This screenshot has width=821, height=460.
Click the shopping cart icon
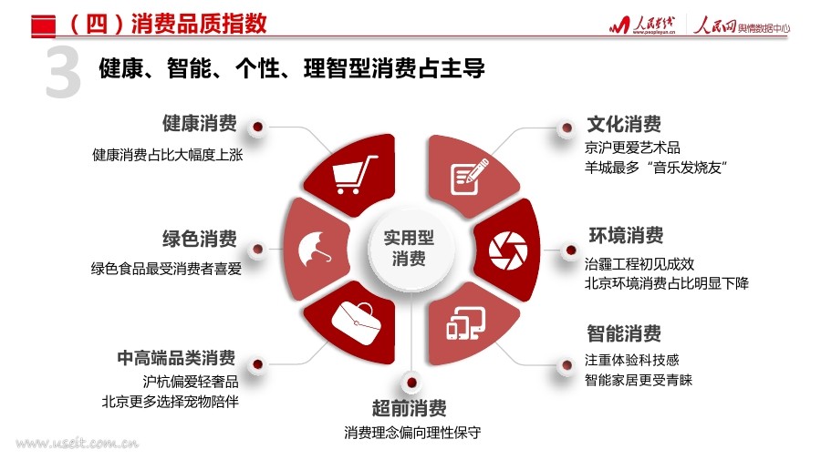(355, 175)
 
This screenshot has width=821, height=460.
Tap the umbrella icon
(314, 250)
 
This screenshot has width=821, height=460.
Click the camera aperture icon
(508, 250)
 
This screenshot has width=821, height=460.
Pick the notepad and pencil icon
(469, 177)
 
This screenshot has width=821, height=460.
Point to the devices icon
(465, 323)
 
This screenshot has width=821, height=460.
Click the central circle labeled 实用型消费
(409, 249)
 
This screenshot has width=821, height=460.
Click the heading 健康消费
(200, 124)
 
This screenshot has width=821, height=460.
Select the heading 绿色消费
(200, 239)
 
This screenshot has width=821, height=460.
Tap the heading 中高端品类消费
(176, 358)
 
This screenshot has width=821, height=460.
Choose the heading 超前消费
(410, 408)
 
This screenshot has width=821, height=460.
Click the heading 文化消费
(624, 125)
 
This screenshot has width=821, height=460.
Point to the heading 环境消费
(626, 236)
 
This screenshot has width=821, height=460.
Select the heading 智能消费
(624, 333)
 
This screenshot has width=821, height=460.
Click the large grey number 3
(63, 73)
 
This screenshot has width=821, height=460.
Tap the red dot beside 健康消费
(257, 127)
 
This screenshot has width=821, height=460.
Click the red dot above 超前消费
(411, 383)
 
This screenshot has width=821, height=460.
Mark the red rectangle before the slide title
(44, 26)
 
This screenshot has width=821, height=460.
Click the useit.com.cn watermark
(77, 444)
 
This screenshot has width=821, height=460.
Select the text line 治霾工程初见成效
(639, 263)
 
